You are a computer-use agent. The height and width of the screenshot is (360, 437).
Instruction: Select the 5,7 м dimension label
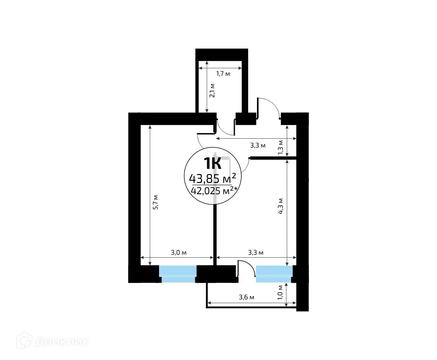click(155, 202)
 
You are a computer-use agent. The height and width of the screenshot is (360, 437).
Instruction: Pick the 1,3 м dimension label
click(281, 147)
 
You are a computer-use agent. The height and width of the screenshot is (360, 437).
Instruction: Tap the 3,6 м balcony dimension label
click(246, 297)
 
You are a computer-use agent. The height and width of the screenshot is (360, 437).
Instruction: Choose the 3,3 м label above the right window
click(256, 252)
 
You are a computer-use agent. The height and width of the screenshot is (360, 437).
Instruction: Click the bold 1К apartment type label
click(212, 163)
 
